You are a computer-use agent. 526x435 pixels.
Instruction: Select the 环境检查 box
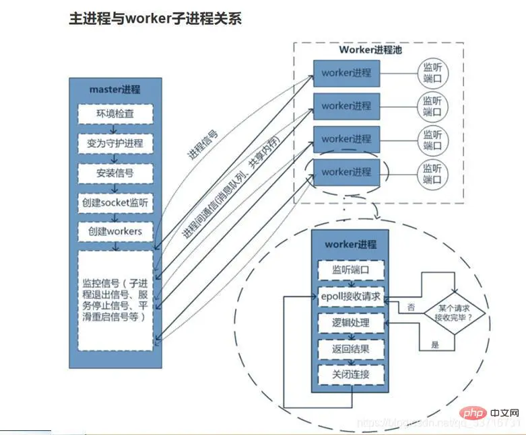click(x=114, y=114)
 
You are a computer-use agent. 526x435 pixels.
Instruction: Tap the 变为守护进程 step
click(x=114, y=143)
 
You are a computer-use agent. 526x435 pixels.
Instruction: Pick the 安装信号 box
click(x=114, y=173)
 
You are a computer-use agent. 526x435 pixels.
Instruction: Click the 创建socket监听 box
click(x=114, y=202)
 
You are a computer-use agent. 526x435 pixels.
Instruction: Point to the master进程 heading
click(x=115, y=89)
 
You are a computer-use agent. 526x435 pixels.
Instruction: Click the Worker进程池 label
click(x=370, y=50)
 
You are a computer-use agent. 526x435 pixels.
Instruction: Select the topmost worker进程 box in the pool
click(x=346, y=73)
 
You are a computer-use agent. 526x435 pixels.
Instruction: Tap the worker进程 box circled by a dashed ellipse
click(x=346, y=172)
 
